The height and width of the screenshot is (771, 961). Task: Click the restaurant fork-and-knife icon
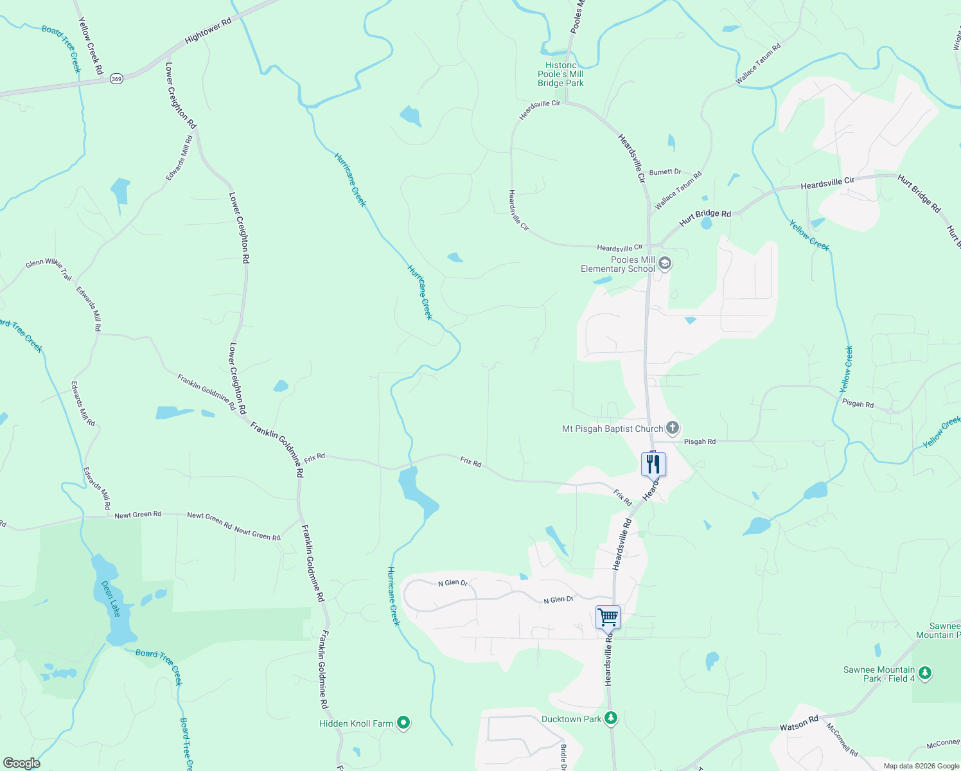coord(653,463)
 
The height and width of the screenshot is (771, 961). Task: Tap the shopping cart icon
coord(608,617)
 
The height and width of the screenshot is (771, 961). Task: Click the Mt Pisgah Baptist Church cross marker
coord(672,428)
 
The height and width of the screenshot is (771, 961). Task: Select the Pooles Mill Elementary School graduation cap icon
coord(665,263)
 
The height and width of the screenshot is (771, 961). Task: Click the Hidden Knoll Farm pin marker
coord(403,723)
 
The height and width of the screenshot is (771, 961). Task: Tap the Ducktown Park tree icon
coord(611,718)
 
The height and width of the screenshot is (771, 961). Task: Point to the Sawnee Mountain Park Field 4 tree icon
coord(924,673)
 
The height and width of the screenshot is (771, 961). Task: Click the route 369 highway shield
coord(116,78)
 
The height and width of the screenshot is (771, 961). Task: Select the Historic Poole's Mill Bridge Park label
coord(561,74)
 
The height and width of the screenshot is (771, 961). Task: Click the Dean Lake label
coord(111,598)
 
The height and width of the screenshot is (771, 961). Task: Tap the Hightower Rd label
coord(207,31)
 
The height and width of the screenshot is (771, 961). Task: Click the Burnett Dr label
coord(665,172)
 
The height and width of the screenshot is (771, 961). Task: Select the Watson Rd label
coord(799,724)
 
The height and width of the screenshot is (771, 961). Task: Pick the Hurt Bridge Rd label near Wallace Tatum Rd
coord(705,217)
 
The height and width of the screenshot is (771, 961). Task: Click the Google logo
coord(21,763)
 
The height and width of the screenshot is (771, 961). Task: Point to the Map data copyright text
coord(921,766)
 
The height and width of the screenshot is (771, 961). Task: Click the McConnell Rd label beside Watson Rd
coord(842,740)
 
